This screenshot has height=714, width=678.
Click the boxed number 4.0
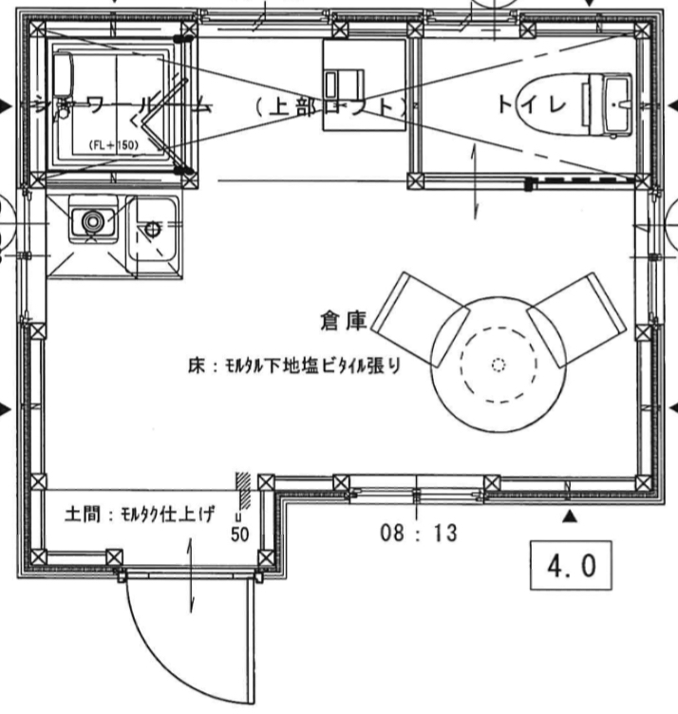(x=570, y=566)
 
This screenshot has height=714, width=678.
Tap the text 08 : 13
(x=419, y=534)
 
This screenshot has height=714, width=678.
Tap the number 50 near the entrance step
(x=239, y=535)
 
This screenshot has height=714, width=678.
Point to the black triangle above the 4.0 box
(x=570, y=517)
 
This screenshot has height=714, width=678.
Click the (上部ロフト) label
(x=330, y=105)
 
